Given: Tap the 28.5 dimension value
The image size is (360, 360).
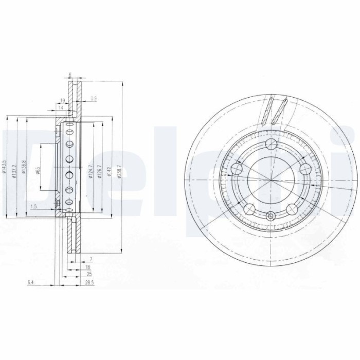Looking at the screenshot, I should [x=88, y=282].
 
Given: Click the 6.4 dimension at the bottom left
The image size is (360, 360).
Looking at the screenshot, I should [x=31, y=282].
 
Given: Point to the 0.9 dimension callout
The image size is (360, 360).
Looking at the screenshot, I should [x=93, y=98].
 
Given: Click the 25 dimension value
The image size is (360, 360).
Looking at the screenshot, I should [x=88, y=275].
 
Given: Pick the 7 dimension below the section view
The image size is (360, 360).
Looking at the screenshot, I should [x=90, y=259].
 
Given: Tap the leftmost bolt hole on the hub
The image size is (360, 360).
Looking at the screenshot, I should [x=237, y=169].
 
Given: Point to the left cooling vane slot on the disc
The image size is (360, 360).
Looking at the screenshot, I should [x=266, y=111].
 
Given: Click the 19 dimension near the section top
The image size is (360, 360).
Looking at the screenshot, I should [x=62, y=100].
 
